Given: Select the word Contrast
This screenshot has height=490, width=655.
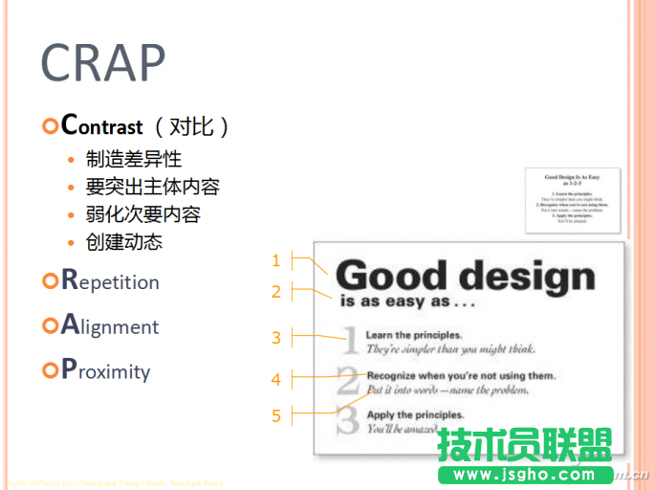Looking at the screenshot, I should [101, 125].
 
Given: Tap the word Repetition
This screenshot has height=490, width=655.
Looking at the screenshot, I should [110, 281].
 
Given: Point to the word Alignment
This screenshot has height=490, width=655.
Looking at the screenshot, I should [110, 326].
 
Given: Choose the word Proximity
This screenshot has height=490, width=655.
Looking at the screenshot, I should [105, 371].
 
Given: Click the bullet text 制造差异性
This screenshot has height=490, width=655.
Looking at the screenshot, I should [133, 159].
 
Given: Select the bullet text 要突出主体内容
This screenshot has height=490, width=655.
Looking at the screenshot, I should [152, 187].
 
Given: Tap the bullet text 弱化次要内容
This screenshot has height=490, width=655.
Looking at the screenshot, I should [142, 214].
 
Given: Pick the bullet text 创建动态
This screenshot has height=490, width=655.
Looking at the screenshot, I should [123, 241].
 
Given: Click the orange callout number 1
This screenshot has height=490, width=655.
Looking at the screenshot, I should [276, 260].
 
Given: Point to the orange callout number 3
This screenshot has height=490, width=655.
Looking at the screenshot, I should [276, 337].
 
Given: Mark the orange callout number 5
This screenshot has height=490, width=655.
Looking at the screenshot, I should [276, 415].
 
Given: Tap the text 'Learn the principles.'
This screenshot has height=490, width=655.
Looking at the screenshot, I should [414, 335].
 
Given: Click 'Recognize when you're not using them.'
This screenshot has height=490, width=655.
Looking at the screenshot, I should [460, 375].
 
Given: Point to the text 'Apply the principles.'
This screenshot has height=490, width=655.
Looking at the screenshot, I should [415, 415].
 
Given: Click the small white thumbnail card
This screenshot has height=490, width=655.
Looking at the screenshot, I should [572, 199].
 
